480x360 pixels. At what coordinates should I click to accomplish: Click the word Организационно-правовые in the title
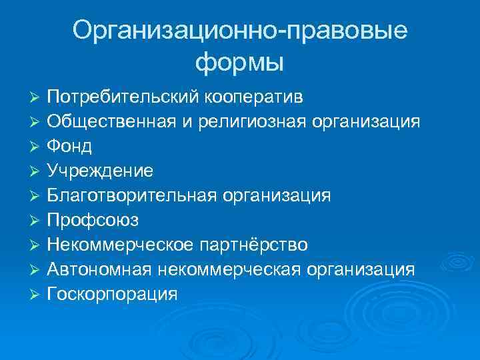coord(240,32)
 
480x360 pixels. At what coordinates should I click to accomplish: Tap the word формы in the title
coord(240,63)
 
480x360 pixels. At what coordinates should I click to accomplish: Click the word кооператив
coord(252,98)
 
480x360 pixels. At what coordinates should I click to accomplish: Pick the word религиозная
coord(250,122)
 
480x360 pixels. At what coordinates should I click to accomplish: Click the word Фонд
coord(70,146)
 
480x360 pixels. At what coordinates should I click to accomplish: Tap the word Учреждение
coord(100,171)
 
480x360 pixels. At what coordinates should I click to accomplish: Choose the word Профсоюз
coord(93,219)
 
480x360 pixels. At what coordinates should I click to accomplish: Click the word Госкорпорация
coord(113,294)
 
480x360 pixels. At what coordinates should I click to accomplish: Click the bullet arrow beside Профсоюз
coord(37,220)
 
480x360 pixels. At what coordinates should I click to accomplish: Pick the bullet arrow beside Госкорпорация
coord(37,294)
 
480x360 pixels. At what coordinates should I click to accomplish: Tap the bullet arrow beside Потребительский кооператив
coord(37,98)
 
